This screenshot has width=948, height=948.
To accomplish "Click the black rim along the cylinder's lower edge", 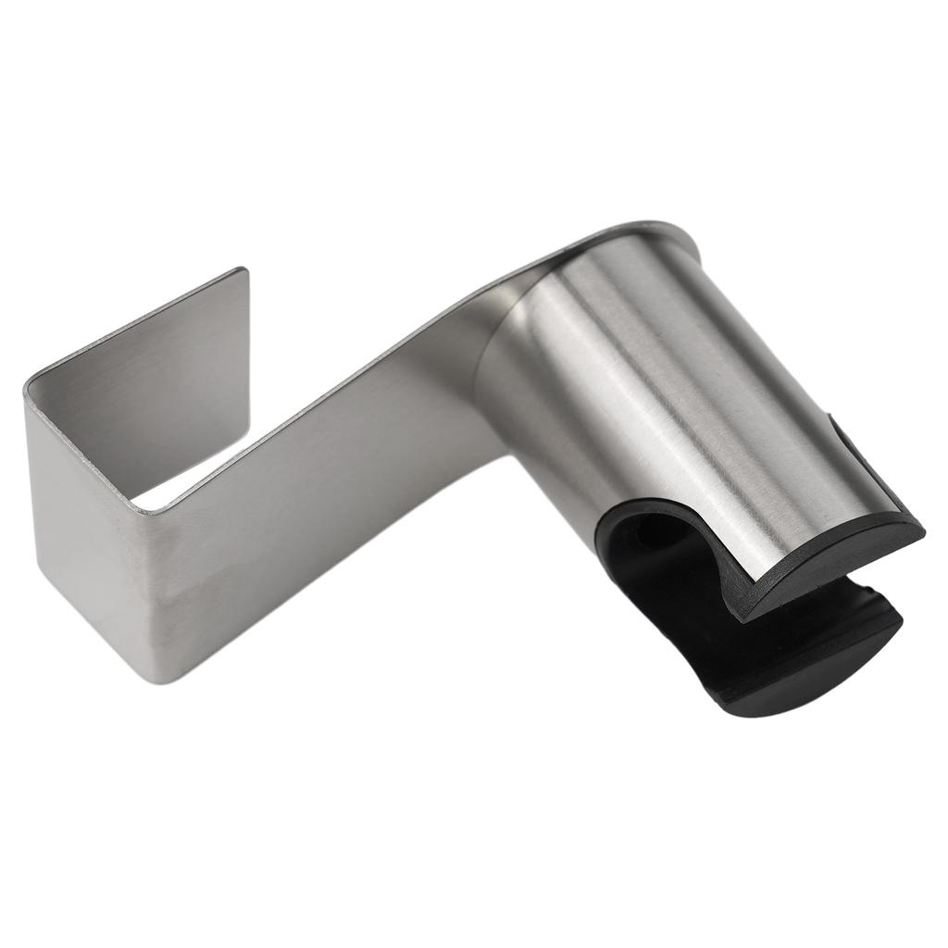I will point(833,569).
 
